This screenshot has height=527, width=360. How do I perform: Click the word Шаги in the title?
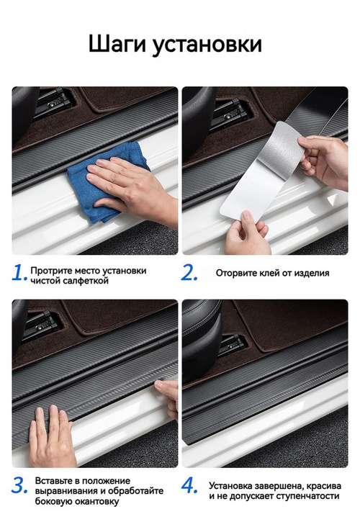117,45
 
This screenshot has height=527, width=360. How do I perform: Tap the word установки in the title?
207,45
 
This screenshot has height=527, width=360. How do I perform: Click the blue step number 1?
19,273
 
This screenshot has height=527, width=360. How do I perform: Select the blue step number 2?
189,273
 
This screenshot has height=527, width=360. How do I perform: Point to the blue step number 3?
19,485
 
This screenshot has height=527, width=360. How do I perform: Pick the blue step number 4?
190,485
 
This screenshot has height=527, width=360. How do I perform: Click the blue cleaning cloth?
107,181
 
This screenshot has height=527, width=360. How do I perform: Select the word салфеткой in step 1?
86,281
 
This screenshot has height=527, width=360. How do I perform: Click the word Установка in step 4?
230,486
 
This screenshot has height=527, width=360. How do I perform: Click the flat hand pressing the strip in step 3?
51,437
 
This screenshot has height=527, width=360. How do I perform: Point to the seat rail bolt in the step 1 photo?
53,104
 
